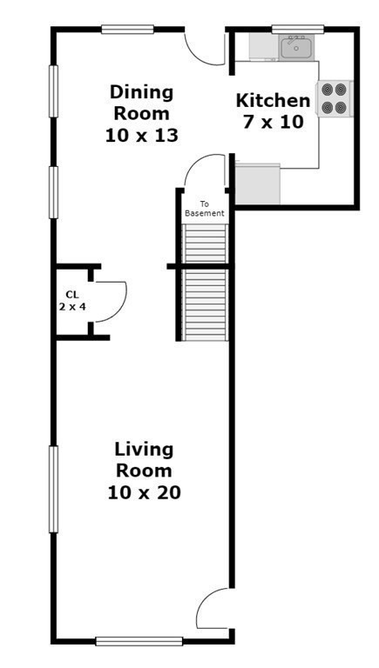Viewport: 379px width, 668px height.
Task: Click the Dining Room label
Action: tap(142, 113)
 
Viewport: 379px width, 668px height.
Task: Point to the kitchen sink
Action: tap(296, 47)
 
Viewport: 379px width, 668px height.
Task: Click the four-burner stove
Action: tap(334, 98)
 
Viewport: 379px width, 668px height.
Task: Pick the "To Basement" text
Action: tap(205, 209)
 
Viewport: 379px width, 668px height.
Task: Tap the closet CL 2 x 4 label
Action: tap(72, 300)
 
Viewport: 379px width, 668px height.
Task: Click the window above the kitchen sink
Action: tap(298, 29)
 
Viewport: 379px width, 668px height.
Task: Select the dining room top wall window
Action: tap(127, 29)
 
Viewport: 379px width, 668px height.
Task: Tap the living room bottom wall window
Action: tap(139, 641)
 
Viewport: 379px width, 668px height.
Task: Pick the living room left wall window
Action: tap(53, 489)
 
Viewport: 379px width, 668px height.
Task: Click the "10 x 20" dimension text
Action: tap(145, 492)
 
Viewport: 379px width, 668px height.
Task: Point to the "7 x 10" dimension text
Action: tap(274, 122)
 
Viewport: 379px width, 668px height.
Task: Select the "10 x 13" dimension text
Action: tap(142, 136)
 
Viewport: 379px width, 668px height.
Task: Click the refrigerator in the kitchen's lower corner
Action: tap(258, 184)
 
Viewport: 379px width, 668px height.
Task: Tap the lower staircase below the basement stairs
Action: tap(205, 304)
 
